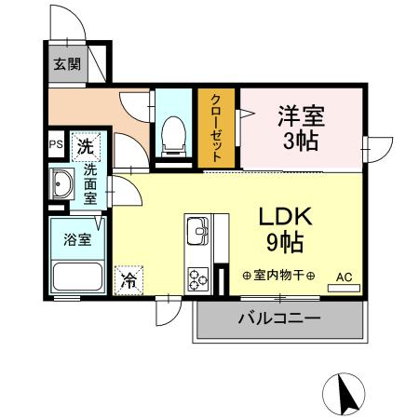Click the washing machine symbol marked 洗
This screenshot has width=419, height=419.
coord(86,145)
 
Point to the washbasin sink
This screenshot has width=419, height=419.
coord(62,184)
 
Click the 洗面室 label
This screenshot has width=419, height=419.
coord(91,184)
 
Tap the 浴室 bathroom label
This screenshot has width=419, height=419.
coord(76,239)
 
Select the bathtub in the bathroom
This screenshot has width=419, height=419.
coord(77,277)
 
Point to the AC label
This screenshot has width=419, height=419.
coord(343,276)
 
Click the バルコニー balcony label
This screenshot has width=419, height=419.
coord(278,319)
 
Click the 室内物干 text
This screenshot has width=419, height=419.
coord(278,276)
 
